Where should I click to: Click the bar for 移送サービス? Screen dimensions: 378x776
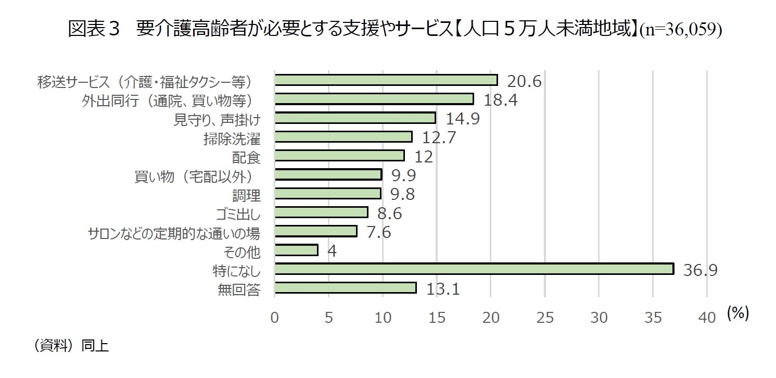point(386,80)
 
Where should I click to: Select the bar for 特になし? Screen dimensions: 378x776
point(474,269)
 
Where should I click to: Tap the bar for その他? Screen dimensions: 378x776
point(296,250)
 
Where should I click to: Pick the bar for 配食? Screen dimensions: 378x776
point(339,156)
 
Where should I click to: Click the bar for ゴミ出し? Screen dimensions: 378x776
point(321,212)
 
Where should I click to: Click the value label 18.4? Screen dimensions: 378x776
point(500,99)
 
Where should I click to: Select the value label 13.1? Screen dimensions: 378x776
point(443,288)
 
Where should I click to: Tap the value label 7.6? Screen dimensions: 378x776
point(378,232)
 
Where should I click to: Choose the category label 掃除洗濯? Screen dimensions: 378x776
point(232,138)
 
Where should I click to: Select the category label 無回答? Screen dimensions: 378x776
point(239,289)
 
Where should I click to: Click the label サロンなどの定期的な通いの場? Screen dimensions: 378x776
point(174,232)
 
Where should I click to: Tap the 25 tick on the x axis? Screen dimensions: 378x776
point(544,318)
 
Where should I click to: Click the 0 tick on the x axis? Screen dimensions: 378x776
point(275,318)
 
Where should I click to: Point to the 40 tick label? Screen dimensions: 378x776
point(706,318)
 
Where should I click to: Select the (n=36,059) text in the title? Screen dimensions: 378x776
point(680,30)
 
